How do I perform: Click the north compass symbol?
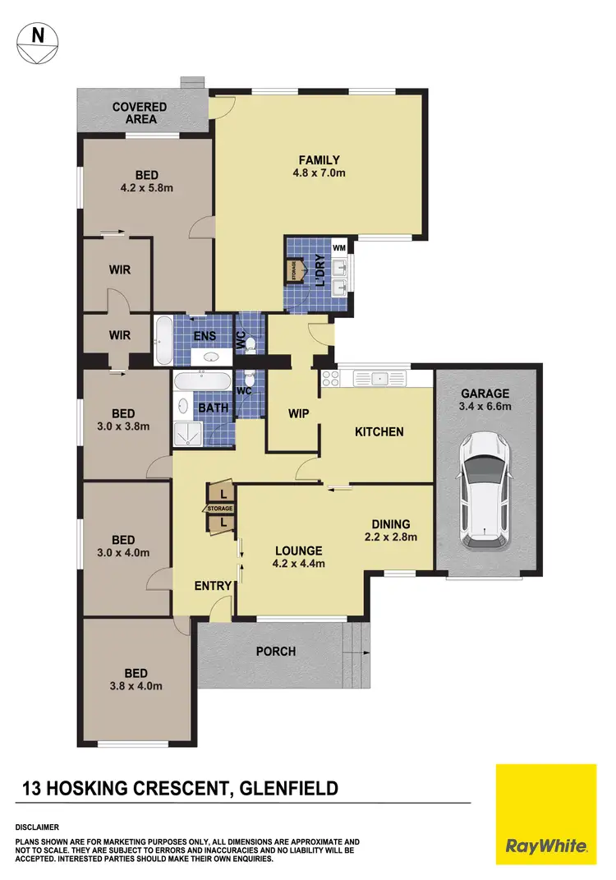[36, 42]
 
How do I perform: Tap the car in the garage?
[485, 491]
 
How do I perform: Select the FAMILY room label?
[319, 160]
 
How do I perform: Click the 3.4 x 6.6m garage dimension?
[485, 406]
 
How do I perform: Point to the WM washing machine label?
[338, 246]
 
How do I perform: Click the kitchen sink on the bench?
[379, 379]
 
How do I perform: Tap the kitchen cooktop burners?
[331, 379]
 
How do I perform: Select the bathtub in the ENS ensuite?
[162, 340]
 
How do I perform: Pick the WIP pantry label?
[299, 413]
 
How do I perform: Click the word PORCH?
[276, 652]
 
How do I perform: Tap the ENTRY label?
[213, 586]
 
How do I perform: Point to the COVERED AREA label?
[140, 113]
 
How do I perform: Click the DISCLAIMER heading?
[37, 827]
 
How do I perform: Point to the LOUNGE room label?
[298, 551]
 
